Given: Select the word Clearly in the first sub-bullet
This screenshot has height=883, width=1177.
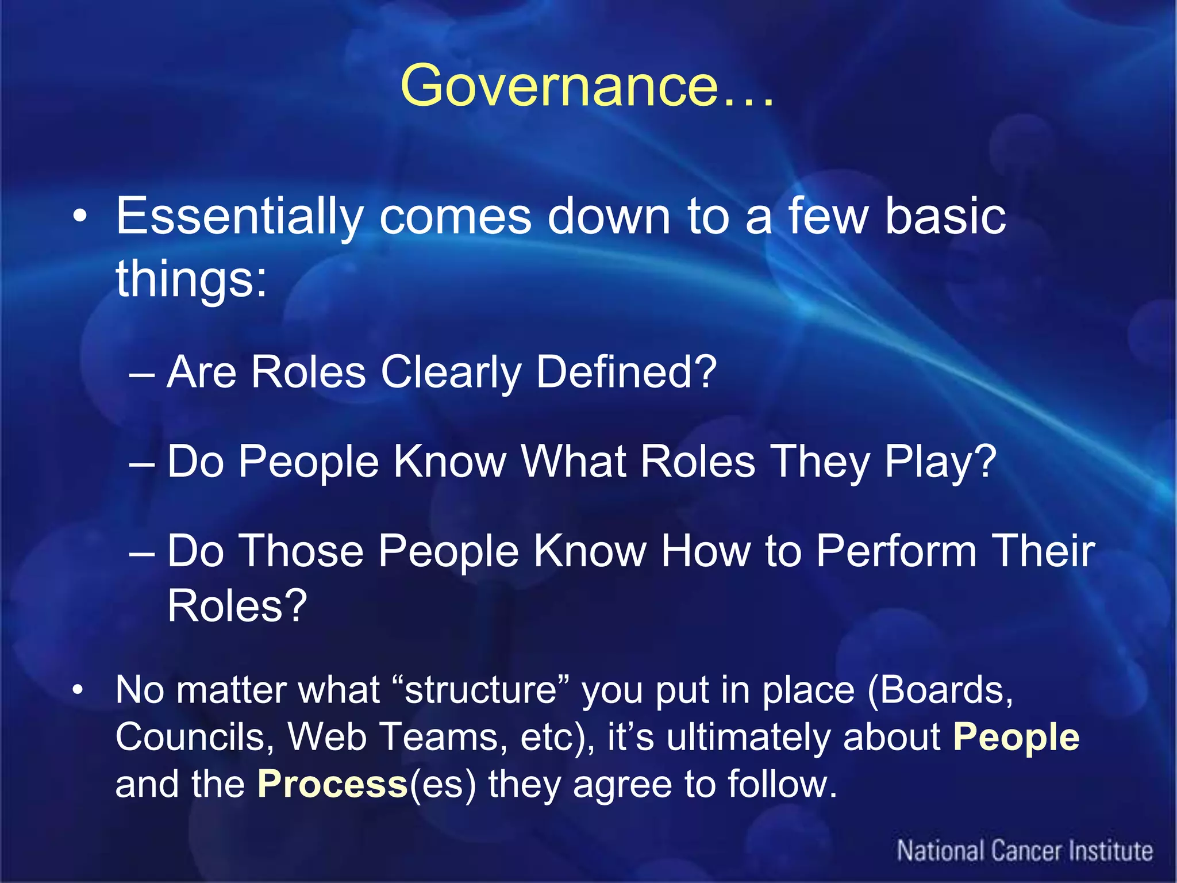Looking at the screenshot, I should [451, 373].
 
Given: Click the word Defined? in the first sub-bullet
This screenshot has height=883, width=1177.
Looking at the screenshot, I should [626, 373].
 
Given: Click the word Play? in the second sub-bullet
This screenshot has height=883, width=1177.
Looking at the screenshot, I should [940, 462].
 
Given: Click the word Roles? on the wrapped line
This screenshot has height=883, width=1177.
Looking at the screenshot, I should [237, 606].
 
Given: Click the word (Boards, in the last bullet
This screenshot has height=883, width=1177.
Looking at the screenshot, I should [940, 690].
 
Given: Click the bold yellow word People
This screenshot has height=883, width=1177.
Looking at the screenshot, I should [1016, 738].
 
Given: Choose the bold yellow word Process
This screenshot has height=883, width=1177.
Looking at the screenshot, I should [332, 785].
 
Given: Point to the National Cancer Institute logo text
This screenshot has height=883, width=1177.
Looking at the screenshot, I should [1025, 851].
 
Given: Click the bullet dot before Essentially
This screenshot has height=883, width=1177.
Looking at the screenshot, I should [80, 217].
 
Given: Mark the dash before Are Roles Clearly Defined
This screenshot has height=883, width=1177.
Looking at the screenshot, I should [142, 375].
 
